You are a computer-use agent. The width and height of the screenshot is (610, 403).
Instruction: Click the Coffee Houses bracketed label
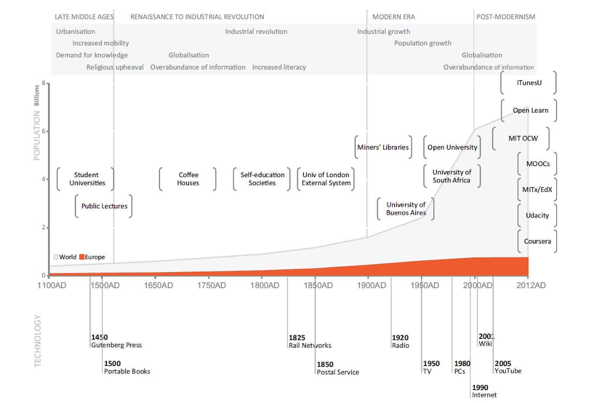tap(188, 179)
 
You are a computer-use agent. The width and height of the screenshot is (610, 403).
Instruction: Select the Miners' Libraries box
tap(383, 147)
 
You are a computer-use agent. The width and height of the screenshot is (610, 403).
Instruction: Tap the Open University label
tap(452, 147)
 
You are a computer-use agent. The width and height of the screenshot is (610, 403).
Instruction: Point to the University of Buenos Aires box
tap(406, 209)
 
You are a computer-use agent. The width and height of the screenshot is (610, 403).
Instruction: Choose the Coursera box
tap(537, 241)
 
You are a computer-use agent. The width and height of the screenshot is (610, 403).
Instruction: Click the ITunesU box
tap(529, 83)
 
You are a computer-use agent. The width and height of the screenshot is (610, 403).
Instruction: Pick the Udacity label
tap(537, 216)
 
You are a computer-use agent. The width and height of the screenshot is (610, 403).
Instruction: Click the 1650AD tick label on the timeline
tap(158, 285)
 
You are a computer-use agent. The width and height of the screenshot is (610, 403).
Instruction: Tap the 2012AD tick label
tap(531, 285)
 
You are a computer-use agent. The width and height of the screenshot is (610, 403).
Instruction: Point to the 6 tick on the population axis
tap(44, 131)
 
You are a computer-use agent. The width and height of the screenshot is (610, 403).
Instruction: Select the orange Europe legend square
tap(82, 257)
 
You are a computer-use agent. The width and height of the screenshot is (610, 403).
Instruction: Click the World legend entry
tap(65, 257)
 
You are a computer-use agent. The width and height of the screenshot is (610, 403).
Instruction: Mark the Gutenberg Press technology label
tap(116, 345)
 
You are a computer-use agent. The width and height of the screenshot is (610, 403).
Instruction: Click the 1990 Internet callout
tap(484, 391)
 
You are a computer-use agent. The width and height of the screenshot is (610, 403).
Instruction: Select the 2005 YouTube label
tap(507, 367)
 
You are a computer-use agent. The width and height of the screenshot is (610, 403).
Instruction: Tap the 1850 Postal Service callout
tap(337, 368)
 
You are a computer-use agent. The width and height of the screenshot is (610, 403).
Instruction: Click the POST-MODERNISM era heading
tap(506, 17)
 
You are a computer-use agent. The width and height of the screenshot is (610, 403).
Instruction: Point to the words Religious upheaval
tap(115, 67)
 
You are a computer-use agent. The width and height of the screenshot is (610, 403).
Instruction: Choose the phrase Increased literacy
tap(279, 67)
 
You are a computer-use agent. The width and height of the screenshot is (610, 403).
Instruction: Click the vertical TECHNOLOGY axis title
tap(37, 341)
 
